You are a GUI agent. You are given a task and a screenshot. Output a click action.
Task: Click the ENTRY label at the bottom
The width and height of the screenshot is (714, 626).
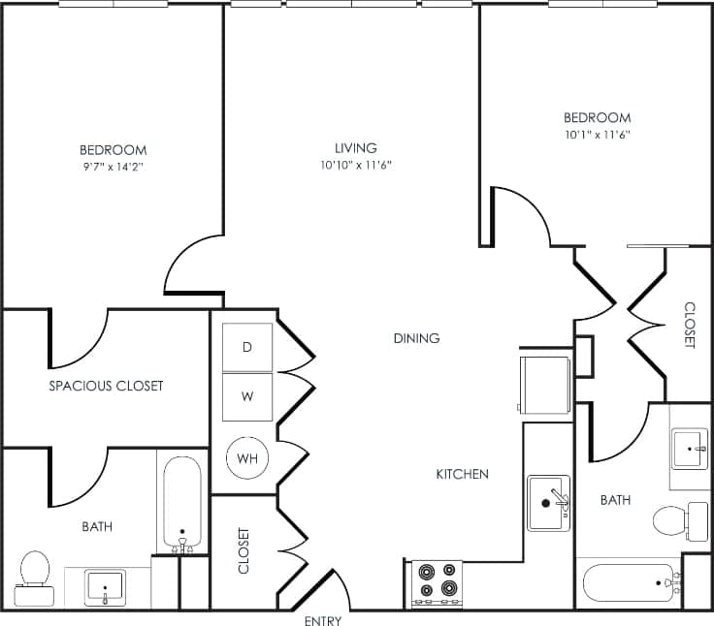click(x=322, y=620)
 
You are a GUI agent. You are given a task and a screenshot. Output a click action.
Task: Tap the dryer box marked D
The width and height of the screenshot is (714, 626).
click(x=247, y=347)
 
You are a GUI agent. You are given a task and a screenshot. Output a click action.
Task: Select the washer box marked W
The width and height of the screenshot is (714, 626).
click(x=247, y=396)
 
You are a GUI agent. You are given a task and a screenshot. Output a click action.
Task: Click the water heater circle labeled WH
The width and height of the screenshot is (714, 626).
click(x=247, y=457)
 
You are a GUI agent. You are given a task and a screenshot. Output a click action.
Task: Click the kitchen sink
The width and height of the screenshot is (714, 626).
click(x=549, y=502)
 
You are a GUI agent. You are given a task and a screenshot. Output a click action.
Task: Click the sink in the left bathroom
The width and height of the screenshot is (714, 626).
click(x=105, y=585)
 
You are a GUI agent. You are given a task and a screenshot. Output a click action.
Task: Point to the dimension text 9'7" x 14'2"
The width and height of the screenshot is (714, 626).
click(x=113, y=167)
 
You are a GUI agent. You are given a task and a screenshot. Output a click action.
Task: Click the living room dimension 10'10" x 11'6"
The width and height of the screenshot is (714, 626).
click(x=356, y=165)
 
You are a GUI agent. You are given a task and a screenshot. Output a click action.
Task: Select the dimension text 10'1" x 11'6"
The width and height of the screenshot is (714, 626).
click(x=598, y=135)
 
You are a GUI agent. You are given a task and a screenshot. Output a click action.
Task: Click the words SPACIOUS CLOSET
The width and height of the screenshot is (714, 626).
click(x=106, y=386)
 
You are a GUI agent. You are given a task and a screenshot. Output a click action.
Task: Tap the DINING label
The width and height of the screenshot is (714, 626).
click(x=417, y=338)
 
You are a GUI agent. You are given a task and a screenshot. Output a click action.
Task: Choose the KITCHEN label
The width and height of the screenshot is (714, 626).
click(x=462, y=474)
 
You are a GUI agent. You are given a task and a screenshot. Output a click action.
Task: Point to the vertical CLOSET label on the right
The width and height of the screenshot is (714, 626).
click(x=690, y=326)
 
